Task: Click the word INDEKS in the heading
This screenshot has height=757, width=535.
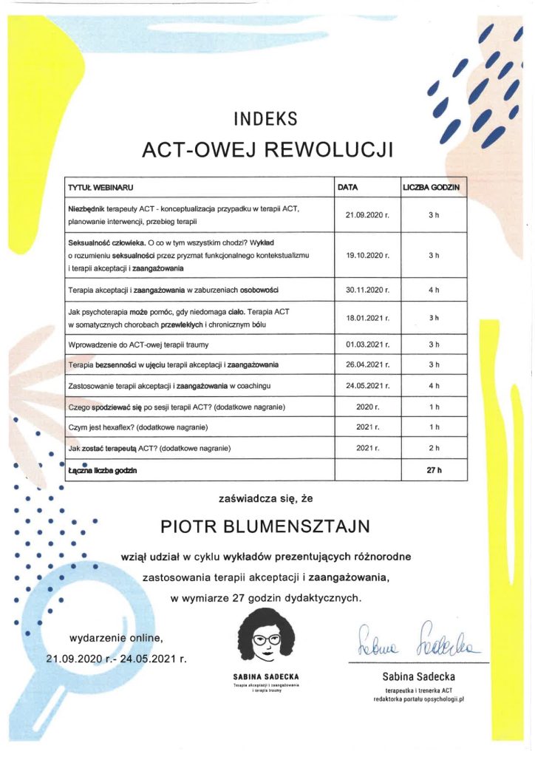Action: [x=265, y=118]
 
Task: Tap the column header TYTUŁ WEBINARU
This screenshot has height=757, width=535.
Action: [x=100, y=189]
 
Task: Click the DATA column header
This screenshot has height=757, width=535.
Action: [x=347, y=189]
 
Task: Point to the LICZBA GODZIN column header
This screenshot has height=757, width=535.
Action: [x=431, y=189]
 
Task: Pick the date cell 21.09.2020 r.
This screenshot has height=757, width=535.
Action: [x=367, y=215]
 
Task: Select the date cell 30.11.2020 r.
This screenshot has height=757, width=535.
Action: [x=367, y=289]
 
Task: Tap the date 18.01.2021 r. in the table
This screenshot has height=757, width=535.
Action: [x=367, y=318]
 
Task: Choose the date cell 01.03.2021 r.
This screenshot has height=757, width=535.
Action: [x=367, y=344]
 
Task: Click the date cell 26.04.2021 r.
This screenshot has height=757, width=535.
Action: [x=367, y=365]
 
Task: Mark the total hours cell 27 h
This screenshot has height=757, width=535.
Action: [x=435, y=469]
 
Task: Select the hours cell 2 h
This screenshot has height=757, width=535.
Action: [x=435, y=448]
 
